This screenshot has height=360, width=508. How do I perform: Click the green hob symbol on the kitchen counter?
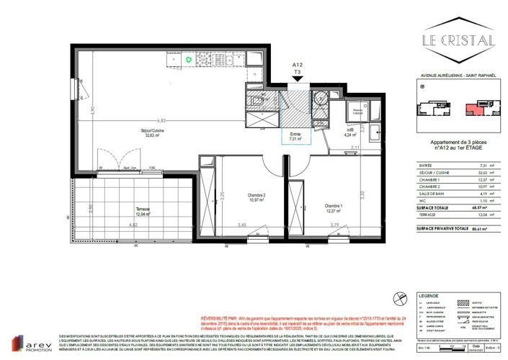tap(190, 58)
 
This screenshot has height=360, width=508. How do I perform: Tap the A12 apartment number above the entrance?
tap(296, 65)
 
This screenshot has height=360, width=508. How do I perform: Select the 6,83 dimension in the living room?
tap(161, 121)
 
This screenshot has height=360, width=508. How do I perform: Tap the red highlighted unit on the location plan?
tap(471, 109)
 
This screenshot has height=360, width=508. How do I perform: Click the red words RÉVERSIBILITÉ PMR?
tap(220, 317)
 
